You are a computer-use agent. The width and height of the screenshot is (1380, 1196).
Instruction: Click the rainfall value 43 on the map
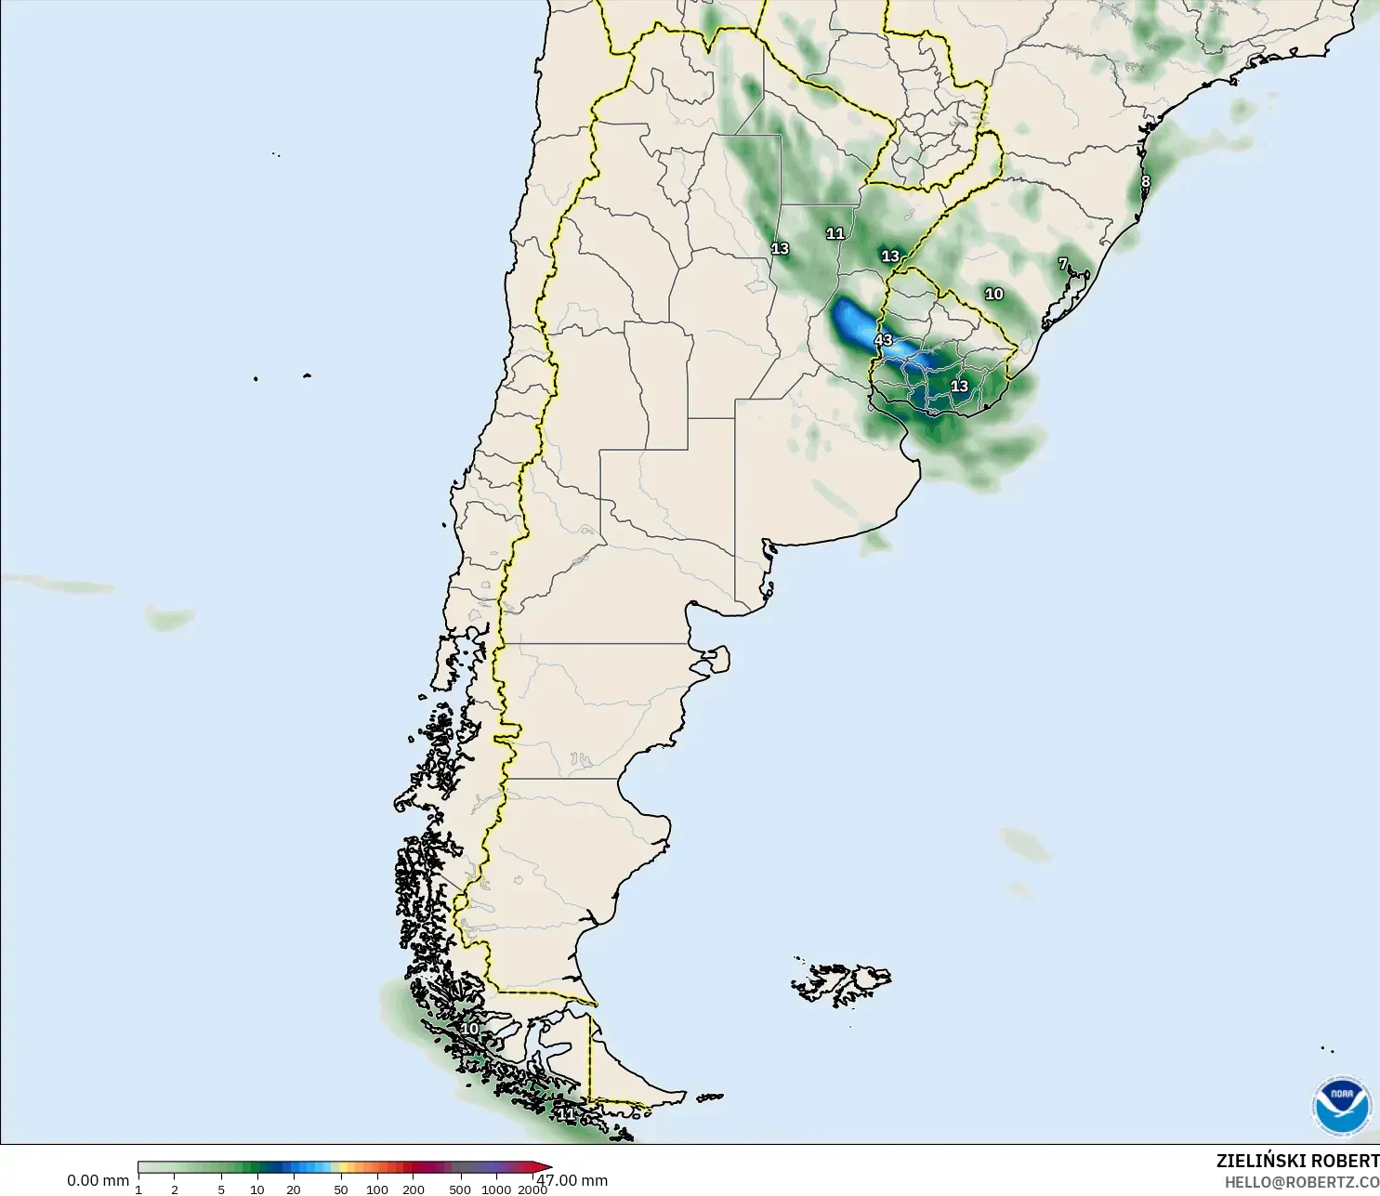click(883, 340)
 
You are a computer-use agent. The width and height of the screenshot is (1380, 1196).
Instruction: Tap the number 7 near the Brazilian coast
click(1063, 264)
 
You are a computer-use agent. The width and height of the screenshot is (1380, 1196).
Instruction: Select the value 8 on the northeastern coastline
click(1145, 182)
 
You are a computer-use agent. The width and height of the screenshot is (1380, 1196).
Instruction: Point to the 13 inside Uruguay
click(959, 386)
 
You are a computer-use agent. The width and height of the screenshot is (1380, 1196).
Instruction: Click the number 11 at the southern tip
click(565, 1112)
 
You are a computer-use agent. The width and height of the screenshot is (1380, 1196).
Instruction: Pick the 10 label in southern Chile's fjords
click(469, 1029)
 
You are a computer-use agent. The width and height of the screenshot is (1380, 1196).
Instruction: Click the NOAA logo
click(1341, 1105)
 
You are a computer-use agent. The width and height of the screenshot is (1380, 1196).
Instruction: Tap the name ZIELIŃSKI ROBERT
click(1297, 1161)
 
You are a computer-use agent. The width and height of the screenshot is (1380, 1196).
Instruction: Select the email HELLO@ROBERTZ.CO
click(1301, 1182)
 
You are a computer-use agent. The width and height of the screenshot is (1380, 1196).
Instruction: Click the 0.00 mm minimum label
click(98, 1180)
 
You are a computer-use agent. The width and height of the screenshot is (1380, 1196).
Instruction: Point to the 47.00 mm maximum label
click(572, 1180)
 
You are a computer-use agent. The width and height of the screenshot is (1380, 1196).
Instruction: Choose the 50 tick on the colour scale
click(341, 1189)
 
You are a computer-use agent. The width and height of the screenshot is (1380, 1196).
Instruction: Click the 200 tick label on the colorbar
click(414, 1189)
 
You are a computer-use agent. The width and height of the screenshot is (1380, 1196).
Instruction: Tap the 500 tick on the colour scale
click(460, 1189)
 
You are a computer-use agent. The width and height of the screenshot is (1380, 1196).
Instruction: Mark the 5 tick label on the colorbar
click(221, 1189)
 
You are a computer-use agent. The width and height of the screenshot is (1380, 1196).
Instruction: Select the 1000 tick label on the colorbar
click(496, 1189)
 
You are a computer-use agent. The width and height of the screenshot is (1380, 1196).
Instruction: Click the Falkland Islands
click(841, 983)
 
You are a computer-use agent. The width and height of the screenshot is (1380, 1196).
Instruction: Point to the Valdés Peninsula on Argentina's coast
click(715, 661)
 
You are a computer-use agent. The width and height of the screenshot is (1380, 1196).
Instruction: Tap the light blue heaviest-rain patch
click(851, 321)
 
